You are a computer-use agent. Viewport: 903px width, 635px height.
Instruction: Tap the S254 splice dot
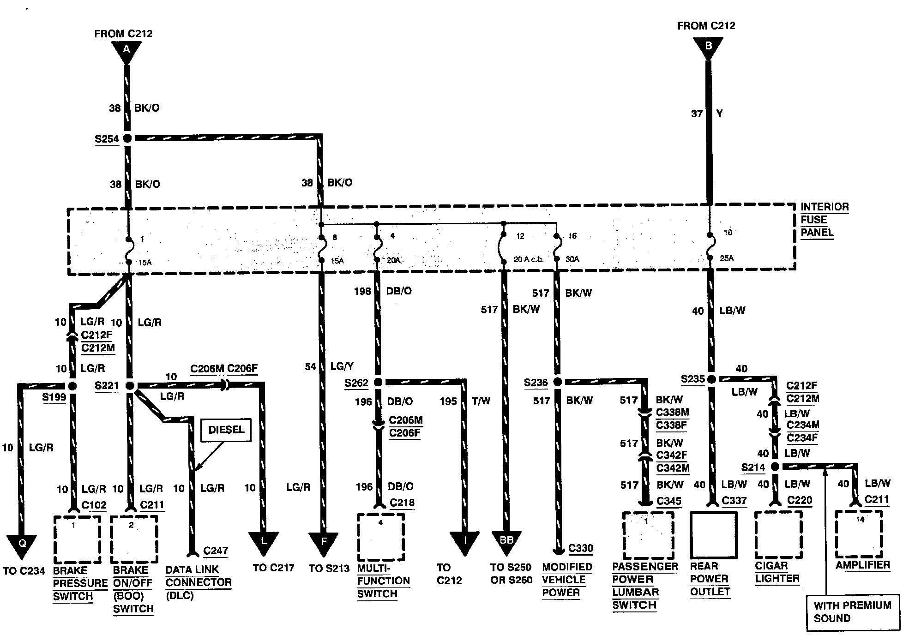(x=127, y=138)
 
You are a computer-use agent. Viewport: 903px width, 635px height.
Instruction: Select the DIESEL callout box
(x=226, y=430)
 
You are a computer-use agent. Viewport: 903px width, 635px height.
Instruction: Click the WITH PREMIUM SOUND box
(x=852, y=612)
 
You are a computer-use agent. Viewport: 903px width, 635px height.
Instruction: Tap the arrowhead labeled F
(x=323, y=542)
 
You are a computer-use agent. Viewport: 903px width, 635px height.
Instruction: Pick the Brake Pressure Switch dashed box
(x=77, y=539)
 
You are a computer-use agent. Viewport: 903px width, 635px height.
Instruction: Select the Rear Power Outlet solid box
(x=712, y=534)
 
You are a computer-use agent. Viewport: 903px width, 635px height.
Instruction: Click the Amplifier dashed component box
(x=859, y=534)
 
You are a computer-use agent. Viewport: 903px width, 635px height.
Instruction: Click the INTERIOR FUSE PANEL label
(x=824, y=220)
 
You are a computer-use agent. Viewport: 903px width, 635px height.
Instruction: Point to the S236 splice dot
(x=557, y=382)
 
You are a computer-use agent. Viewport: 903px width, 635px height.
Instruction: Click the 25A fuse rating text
(x=726, y=258)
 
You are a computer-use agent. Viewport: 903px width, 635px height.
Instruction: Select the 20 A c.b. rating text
(x=529, y=260)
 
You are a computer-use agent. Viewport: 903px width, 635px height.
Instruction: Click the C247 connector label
(x=216, y=550)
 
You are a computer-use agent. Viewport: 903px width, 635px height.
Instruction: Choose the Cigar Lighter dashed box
(x=778, y=534)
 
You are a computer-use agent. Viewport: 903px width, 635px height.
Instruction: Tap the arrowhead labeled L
(x=263, y=542)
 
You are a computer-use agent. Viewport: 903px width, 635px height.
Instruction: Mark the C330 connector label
(x=580, y=548)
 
